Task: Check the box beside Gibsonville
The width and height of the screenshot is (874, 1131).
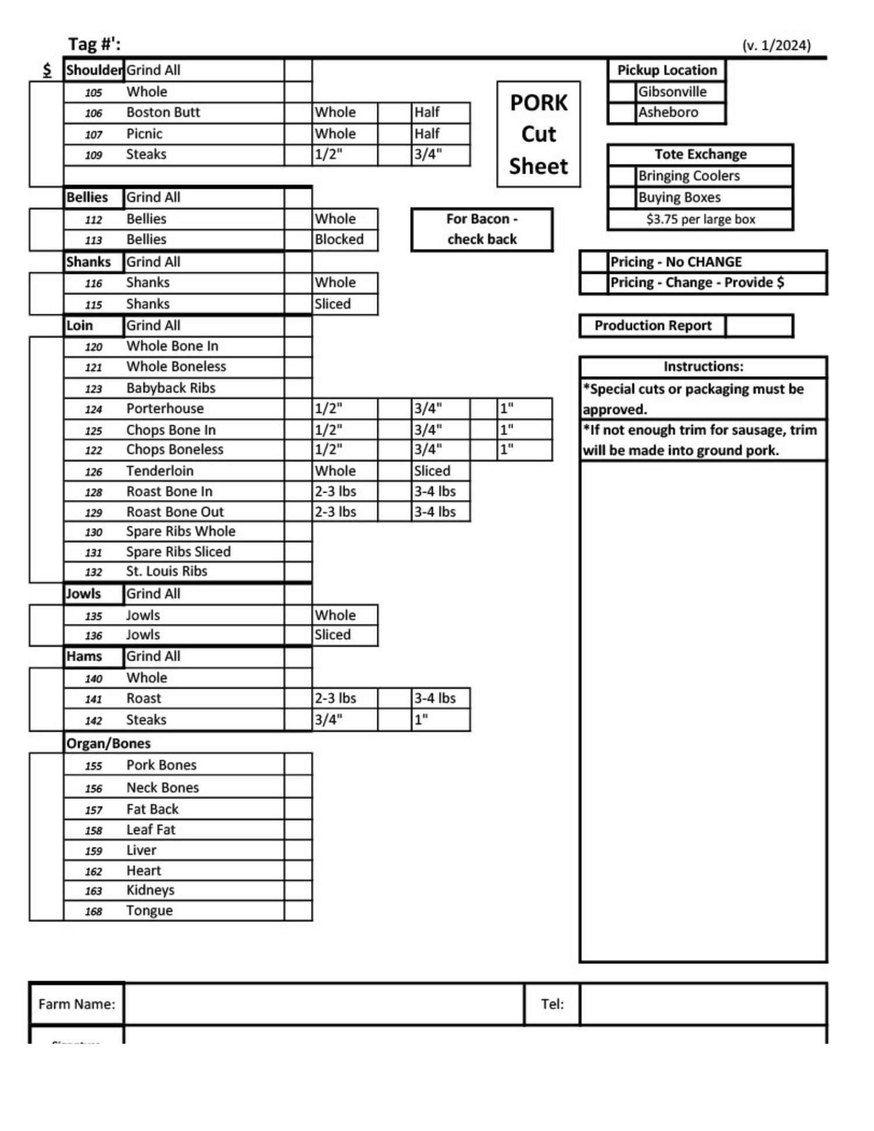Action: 622,92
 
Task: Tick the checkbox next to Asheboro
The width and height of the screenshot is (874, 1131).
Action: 622,113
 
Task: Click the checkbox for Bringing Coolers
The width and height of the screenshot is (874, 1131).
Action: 622,176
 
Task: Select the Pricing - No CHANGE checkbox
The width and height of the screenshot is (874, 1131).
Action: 594,261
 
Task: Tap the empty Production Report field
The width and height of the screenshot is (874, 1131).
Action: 759,326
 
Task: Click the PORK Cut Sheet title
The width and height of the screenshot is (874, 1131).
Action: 538,135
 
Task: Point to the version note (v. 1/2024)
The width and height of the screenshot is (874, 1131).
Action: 776,45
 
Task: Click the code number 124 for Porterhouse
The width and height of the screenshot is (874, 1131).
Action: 93,409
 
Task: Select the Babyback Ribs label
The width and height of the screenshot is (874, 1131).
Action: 171,388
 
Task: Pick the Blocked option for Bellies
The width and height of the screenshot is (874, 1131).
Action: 339,239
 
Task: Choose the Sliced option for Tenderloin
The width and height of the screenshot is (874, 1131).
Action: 432,471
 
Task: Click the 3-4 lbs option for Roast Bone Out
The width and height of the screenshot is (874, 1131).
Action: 435,512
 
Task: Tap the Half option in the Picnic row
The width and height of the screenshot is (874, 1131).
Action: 427,134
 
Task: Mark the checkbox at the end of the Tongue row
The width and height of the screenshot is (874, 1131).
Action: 298,911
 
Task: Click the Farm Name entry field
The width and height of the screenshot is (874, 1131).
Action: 323,1004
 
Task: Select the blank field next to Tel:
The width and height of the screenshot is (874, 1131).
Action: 703,1004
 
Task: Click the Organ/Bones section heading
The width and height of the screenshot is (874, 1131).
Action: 108,743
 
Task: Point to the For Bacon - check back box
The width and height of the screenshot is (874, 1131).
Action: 482,229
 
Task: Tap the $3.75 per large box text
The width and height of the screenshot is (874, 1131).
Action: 700,220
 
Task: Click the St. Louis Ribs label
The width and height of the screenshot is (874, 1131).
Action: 167,571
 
